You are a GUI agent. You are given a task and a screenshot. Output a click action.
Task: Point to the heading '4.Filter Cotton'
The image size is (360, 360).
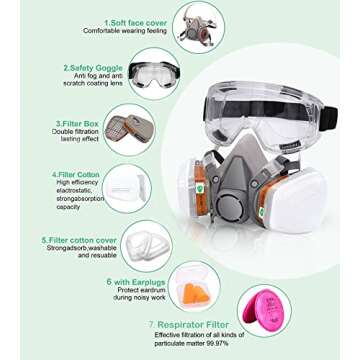coord(80,174)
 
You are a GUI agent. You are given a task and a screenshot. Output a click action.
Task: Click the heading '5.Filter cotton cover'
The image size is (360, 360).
coord(82,241)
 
